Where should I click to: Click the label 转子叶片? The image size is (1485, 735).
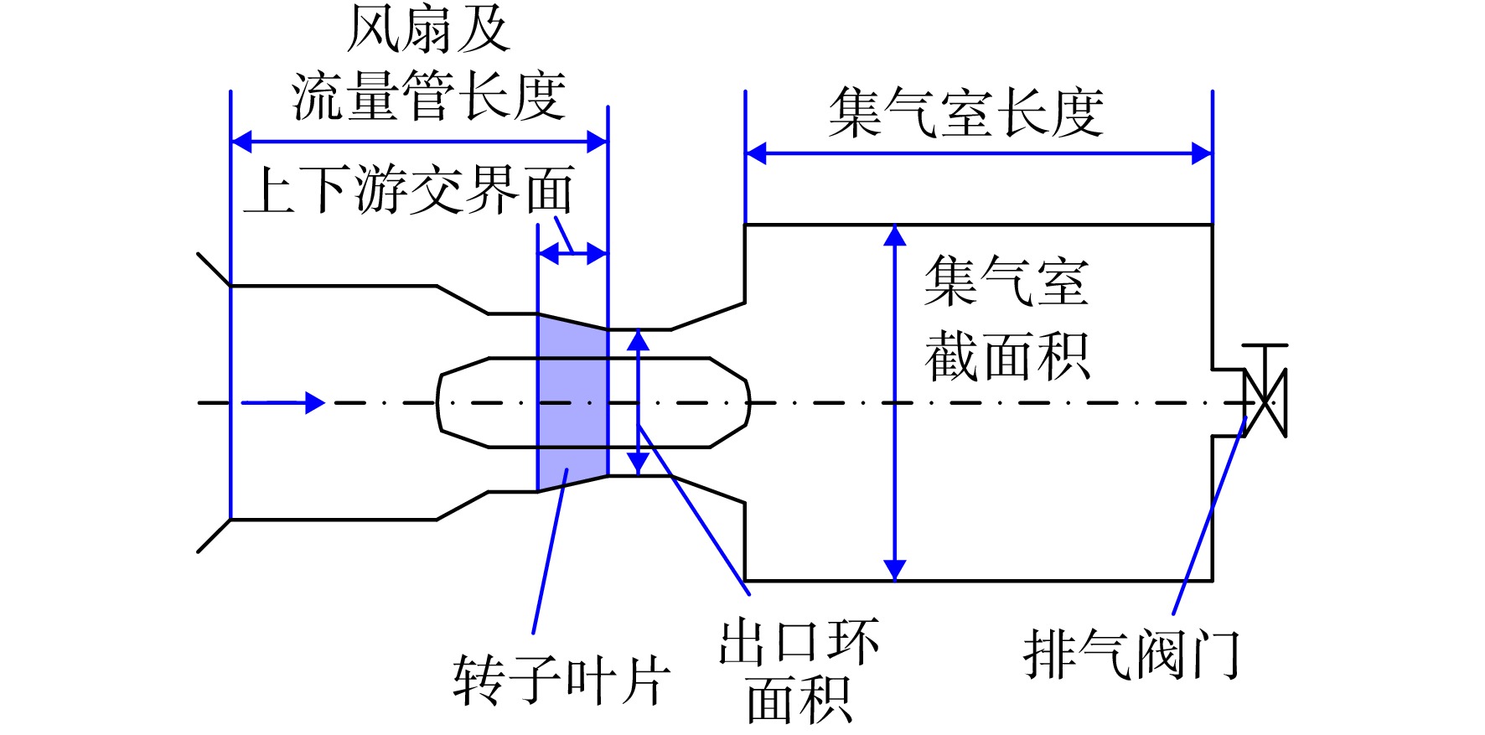point(562,678)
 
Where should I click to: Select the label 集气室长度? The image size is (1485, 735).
point(965,112)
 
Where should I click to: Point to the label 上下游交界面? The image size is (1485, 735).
point(409,189)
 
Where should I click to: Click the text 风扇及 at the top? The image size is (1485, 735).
point(428,29)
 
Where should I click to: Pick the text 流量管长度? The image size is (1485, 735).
point(428,96)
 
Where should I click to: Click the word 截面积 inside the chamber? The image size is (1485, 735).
point(1007,356)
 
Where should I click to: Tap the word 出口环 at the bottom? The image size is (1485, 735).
point(799,642)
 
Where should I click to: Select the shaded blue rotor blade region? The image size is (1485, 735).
point(572,402)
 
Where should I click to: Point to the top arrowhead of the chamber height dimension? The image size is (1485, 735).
point(895,236)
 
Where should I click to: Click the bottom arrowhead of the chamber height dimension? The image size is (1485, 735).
point(895,570)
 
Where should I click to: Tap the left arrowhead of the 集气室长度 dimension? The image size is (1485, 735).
point(756,153)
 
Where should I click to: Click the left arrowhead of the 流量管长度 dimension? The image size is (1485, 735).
point(241,142)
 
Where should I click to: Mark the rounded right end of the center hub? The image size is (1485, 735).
point(747,403)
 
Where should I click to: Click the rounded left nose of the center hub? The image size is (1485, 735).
point(439,403)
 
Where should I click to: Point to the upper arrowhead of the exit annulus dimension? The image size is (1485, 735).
point(639,339)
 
